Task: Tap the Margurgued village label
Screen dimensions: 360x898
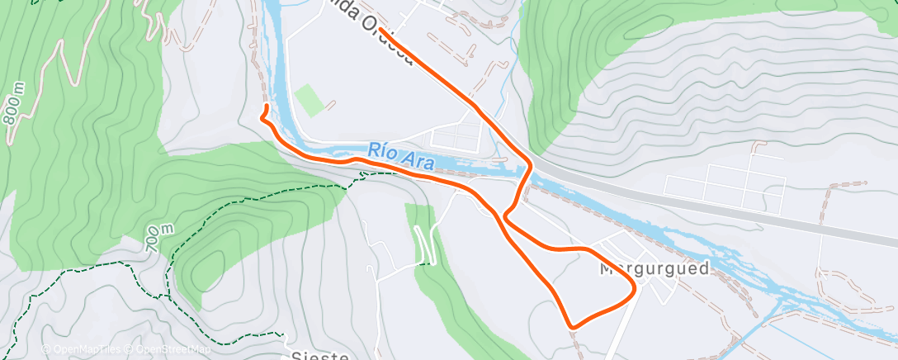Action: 655,269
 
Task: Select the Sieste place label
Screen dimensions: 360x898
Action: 320,355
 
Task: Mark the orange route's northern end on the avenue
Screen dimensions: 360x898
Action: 382,31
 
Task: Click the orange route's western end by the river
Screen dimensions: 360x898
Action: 266,107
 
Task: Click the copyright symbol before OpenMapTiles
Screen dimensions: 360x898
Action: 45,350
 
